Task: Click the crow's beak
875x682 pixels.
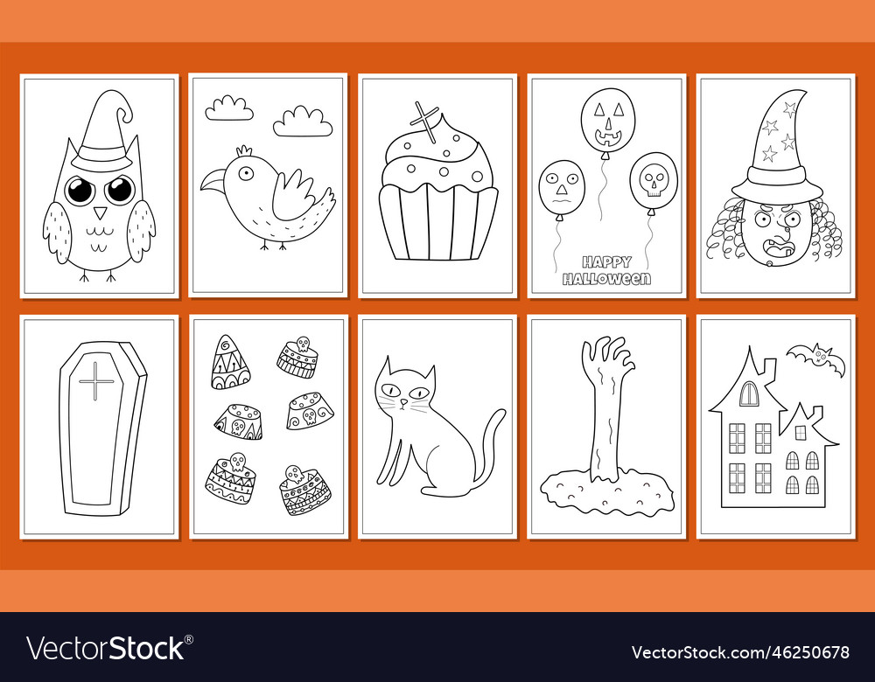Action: coord(211,180)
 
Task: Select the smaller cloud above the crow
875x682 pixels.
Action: coord(229,108)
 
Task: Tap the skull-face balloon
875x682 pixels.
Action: coord(653,182)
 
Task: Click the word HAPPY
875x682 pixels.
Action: coord(606,261)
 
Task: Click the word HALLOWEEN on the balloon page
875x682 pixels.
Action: coord(606,279)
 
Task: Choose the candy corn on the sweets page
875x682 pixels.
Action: coord(229,363)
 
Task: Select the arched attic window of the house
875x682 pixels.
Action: coord(749,394)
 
